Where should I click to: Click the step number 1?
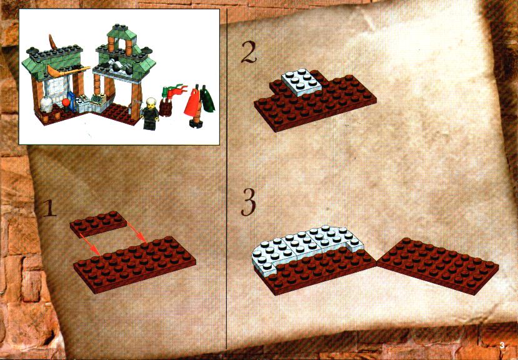point(50,208)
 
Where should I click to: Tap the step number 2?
point(249,52)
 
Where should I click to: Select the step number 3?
point(248,202)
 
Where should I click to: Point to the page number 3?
point(502,346)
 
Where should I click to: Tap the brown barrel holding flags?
point(165,107)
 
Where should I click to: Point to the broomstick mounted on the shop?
point(67,71)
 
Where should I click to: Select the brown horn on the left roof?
point(53,41)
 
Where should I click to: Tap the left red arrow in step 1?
point(90,244)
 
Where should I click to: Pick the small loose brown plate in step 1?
point(98,224)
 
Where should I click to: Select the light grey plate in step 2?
point(302,82)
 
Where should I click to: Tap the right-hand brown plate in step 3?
point(438,265)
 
